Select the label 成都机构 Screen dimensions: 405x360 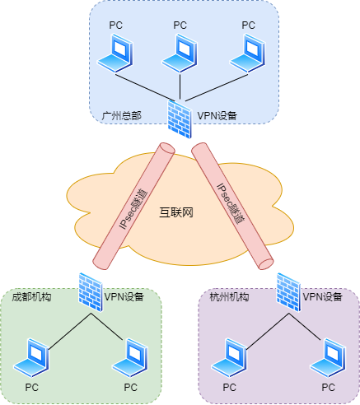click(31, 296)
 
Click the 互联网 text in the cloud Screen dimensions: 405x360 click(175, 213)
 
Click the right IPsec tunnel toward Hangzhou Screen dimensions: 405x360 click(231, 206)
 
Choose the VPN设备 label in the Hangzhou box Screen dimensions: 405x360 click(323, 296)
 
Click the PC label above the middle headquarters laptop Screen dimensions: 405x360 click(180, 25)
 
